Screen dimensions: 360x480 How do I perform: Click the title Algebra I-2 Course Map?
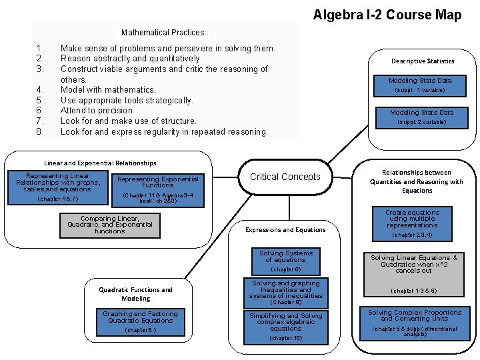(387, 15)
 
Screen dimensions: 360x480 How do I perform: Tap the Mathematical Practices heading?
(163, 32)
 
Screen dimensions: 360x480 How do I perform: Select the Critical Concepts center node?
(285, 177)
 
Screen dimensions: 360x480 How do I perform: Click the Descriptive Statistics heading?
(423, 61)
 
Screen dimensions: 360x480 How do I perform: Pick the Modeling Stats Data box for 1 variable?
(420, 85)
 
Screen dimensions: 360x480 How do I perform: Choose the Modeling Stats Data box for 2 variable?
(421, 117)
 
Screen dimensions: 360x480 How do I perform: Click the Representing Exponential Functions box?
(157, 189)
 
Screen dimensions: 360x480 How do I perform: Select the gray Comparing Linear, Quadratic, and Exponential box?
(109, 225)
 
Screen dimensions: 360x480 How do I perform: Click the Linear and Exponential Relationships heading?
(100, 163)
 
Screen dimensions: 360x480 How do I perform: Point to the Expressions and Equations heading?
(285, 230)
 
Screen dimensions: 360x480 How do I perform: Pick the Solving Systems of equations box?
(285, 261)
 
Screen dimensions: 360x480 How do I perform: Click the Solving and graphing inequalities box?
(285, 293)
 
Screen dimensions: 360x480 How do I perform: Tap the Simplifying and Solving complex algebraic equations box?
(285, 327)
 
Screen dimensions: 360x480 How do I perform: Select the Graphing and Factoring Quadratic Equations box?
(140, 321)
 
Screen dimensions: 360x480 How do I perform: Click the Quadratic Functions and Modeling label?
(135, 294)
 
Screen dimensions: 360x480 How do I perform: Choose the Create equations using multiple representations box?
(412, 223)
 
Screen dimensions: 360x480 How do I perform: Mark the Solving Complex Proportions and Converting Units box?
(415, 323)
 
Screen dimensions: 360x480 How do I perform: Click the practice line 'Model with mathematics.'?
(108, 90)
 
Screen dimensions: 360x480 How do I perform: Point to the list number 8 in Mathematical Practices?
(40, 132)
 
